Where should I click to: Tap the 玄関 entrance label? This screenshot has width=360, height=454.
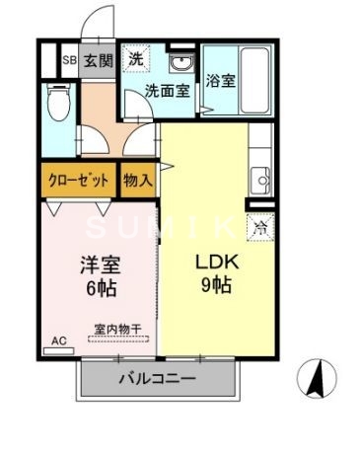point(97,60)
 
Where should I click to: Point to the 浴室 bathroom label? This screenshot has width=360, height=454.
point(221,82)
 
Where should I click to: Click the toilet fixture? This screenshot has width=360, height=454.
point(57,102)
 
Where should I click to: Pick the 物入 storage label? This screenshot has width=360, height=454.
point(137,181)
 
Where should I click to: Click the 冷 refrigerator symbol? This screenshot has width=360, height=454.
point(260,228)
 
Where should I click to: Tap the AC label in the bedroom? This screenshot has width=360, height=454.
point(58,341)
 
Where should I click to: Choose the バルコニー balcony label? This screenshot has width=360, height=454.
point(159,378)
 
